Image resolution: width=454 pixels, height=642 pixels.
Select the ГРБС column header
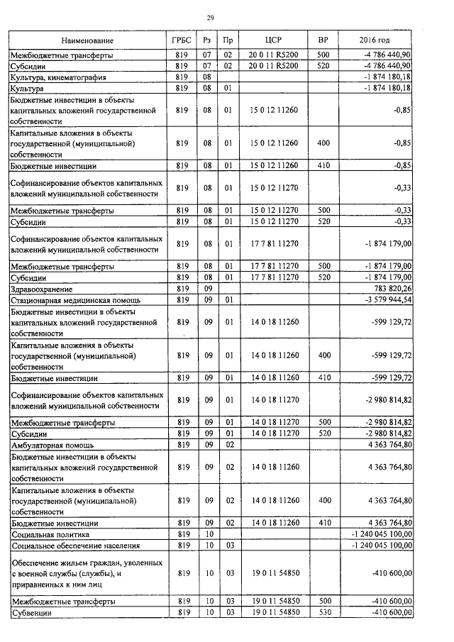click(181, 40)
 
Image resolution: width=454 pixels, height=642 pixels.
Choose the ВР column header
click(323, 40)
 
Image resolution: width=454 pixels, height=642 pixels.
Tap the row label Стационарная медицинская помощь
click(65, 300)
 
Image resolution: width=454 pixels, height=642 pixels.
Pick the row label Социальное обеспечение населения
click(64, 546)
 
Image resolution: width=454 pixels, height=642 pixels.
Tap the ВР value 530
click(323, 612)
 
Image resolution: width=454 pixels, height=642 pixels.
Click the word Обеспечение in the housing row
click(35, 563)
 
